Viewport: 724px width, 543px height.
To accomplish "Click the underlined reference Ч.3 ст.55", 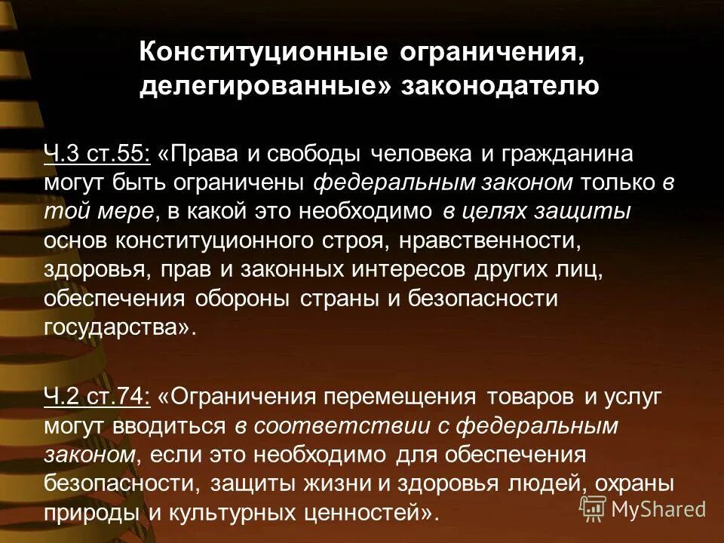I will (x=97, y=155).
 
